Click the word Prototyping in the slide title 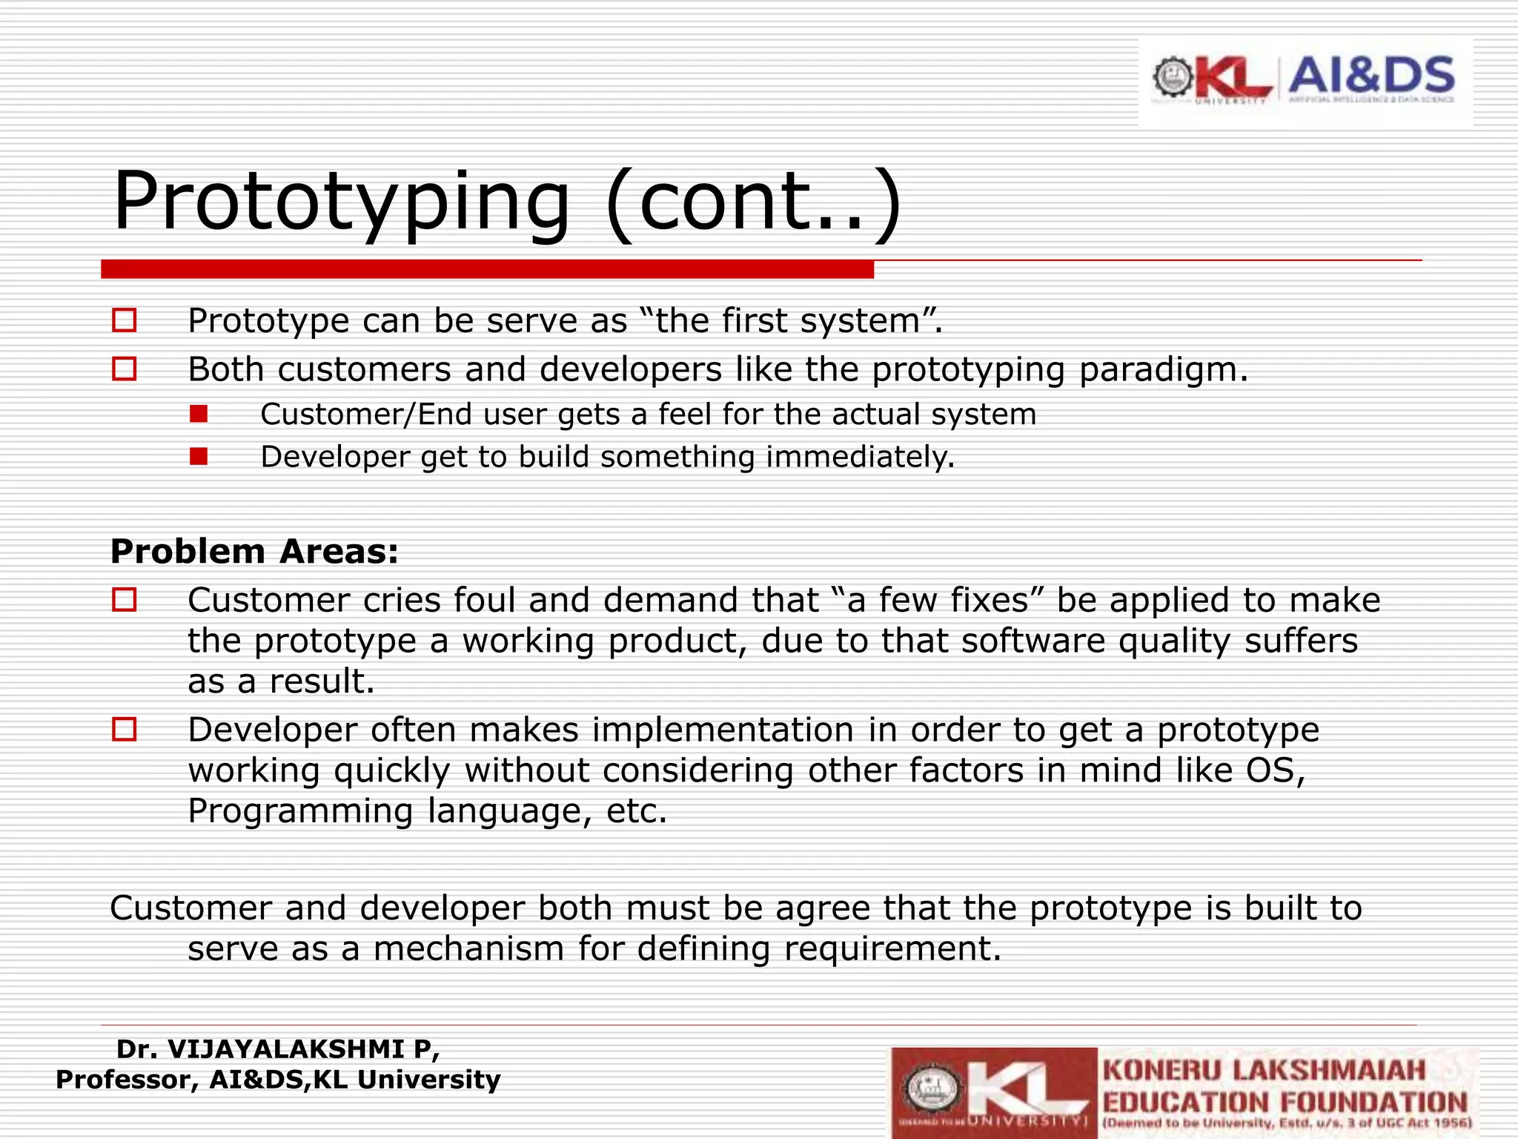pyautogui.click(x=341, y=202)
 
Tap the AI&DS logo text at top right pyautogui.click(x=1371, y=76)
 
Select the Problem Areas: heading pyautogui.click(x=254, y=552)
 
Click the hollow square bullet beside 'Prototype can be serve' pyautogui.click(x=125, y=320)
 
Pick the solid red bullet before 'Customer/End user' pyautogui.click(x=198, y=414)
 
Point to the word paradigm pyautogui.click(x=1162, y=369)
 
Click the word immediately pyautogui.click(x=860, y=457)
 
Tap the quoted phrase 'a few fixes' pyautogui.click(x=938, y=600)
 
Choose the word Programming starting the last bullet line pyautogui.click(x=300, y=811)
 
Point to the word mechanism pyautogui.click(x=468, y=948)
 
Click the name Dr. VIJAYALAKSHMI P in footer pyautogui.click(x=277, y=1049)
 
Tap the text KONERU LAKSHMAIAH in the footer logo pyautogui.click(x=1264, y=1071)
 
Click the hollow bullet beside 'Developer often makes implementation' pyautogui.click(x=125, y=730)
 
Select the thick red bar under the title pyautogui.click(x=487, y=269)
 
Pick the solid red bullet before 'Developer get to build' pyautogui.click(x=198, y=456)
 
